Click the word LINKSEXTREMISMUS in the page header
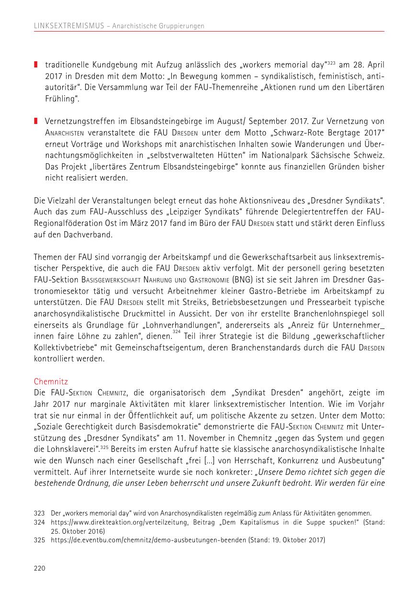point(68,26)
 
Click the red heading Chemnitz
point(51,381)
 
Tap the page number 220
point(39,568)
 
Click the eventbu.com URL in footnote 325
point(149,540)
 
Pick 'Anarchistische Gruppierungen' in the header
point(159,26)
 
